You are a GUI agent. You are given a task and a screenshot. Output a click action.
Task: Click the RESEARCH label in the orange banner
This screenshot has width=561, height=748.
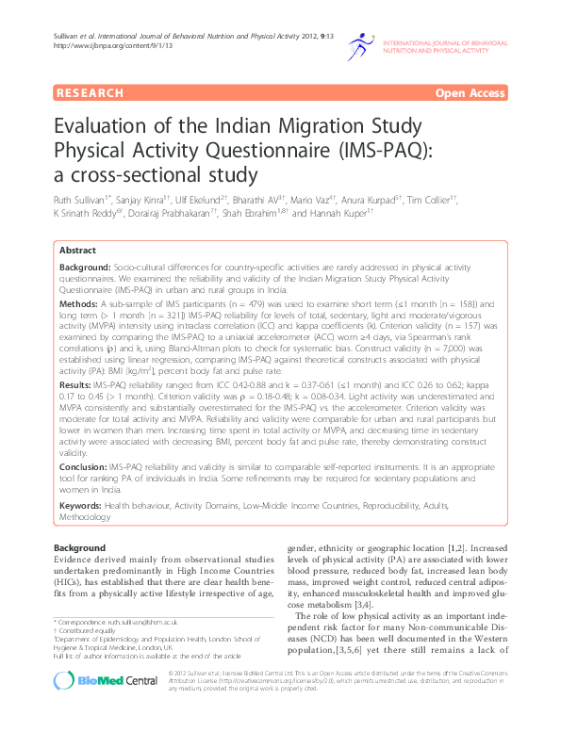91,93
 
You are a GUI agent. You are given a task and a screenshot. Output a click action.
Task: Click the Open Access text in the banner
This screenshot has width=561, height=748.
470,93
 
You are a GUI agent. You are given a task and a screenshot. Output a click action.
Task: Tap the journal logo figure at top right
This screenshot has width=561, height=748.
365,47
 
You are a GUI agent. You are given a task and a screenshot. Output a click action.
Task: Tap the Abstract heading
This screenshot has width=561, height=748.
77,251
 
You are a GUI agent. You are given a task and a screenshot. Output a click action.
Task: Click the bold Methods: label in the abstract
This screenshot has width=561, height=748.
78,305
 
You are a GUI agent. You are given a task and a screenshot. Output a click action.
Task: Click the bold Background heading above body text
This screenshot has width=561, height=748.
79,547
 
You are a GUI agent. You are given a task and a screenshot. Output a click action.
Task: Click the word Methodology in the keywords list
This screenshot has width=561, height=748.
85,516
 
